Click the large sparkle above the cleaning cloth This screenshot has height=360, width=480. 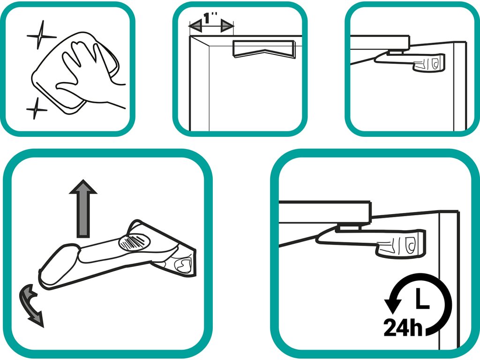pos(40,36)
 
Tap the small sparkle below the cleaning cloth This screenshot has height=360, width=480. pos(36,109)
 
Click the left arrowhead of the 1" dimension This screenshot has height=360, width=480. pos(195,27)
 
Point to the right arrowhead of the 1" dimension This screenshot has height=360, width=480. pos(227,26)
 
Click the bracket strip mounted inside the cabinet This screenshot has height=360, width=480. pos(264,49)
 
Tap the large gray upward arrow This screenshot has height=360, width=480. pos(83,209)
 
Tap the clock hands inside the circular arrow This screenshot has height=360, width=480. pos(422,298)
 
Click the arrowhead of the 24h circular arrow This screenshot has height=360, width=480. pos(393,306)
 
